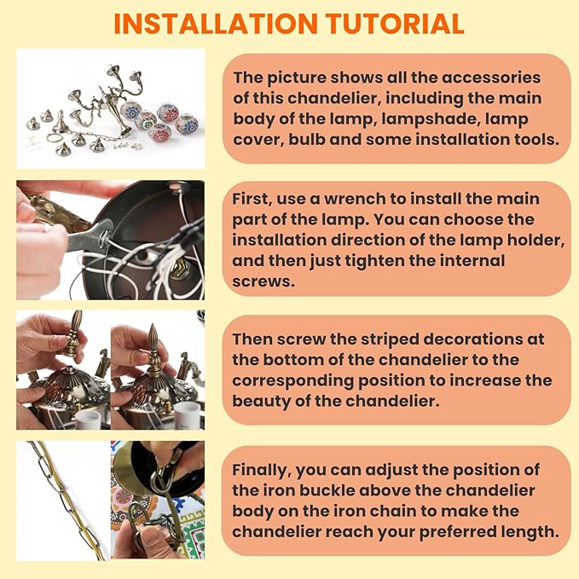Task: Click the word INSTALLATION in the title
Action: click(216, 24)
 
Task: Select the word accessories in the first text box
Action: click(491, 78)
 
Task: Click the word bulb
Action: click(308, 139)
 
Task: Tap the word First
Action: click(252, 199)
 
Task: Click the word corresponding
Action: click(292, 381)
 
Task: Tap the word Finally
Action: click(262, 471)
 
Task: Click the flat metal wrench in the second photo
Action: click(90, 236)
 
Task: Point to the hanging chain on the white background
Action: click(66, 499)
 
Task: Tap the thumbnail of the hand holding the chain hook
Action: click(158, 500)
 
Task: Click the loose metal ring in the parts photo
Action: click(55, 138)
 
